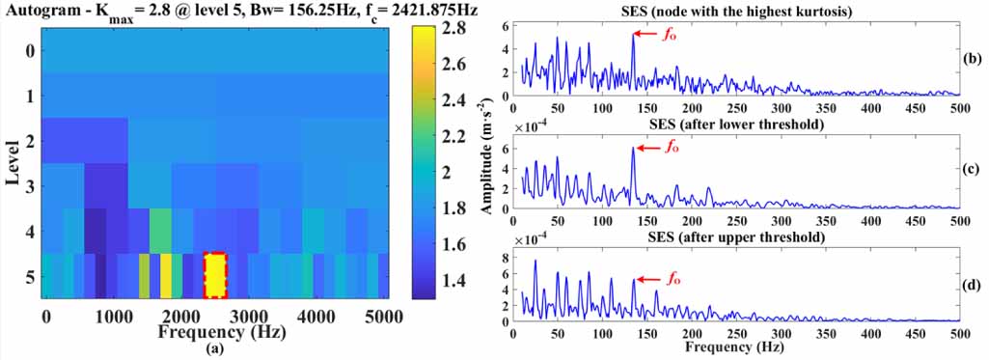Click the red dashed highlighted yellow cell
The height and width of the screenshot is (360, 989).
pyautogui.click(x=215, y=276)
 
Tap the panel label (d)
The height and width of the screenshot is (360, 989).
pyautogui.click(x=975, y=285)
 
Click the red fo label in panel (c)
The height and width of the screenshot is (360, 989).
pyautogui.click(x=673, y=148)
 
